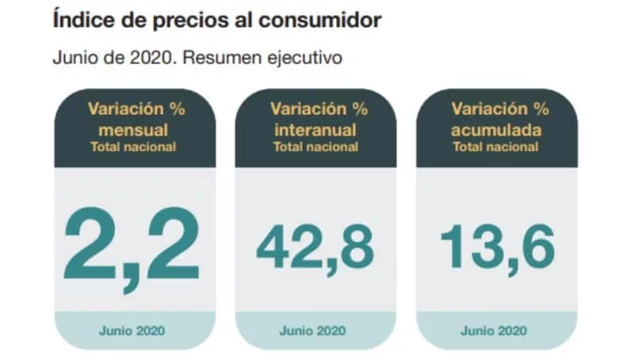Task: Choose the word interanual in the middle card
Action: (315, 129)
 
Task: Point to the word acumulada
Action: (497, 129)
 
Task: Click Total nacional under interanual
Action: (315, 146)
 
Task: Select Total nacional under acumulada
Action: (497, 146)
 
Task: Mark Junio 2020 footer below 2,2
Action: (132, 331)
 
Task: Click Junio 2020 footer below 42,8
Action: (315, 331)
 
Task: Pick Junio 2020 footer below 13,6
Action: (497, 331)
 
